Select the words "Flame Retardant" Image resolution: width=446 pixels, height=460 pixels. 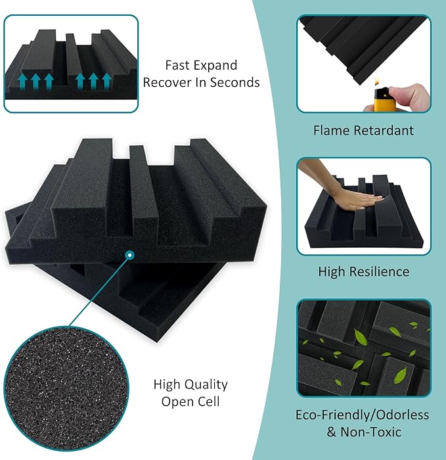[364, 131]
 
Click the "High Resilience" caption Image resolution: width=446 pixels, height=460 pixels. [363, 271]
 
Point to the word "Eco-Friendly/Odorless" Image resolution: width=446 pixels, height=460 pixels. [363, 415]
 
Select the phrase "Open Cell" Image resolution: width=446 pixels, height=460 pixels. [190, 402]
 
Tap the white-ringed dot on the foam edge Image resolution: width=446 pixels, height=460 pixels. [130, 255]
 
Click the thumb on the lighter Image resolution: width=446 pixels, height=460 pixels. [405, 93]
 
